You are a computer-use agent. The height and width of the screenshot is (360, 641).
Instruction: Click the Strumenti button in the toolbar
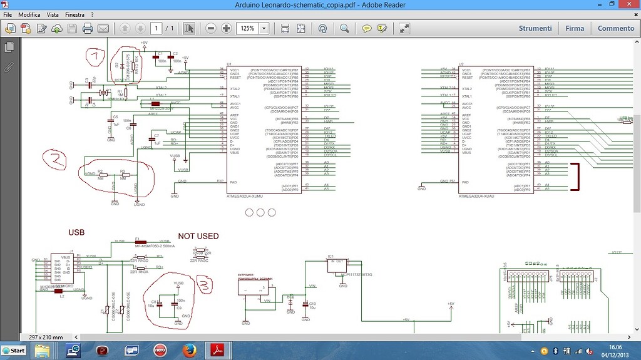[x=535, y=28]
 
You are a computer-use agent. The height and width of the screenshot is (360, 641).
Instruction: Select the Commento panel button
[x=615, y=28]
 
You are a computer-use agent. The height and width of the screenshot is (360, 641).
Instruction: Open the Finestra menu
[x=74, y=14]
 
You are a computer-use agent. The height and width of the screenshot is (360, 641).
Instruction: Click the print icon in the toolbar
[x=88, y=28]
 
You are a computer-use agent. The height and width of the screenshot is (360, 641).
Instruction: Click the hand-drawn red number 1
[x=96, y=58]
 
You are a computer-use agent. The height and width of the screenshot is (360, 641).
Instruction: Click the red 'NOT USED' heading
[x=198, y=236]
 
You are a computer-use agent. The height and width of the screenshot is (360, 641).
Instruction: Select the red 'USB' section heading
[x=76, y=233]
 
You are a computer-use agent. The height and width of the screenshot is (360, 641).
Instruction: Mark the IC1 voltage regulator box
[x=342, y=267]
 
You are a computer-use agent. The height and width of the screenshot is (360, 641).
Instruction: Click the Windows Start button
[x=14, y=350]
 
